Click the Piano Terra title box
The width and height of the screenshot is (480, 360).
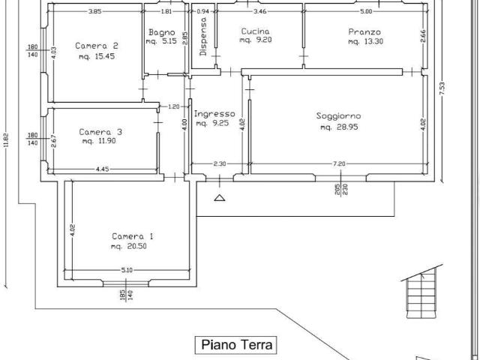tap(235, 345)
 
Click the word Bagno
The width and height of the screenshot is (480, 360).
tap(162, 32)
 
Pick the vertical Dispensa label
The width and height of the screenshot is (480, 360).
tap(203, 37)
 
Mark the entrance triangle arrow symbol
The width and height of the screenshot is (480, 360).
tap(220, 198)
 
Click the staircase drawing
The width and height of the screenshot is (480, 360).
tap(421, 292)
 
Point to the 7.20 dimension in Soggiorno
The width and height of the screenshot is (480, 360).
tap(339, 163)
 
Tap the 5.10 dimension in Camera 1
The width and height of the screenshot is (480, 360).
tap(127, 270)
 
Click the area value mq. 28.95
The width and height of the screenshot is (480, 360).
tap(339, 127)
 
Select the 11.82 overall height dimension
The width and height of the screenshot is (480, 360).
tap(7, 141)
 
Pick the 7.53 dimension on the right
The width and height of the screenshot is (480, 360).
tap(442, 88)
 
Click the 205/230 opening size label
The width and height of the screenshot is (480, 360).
tap(341, 190)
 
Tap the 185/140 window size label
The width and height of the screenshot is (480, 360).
tap(127, 295)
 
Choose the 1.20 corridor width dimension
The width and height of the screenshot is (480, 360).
tap(174, 106)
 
